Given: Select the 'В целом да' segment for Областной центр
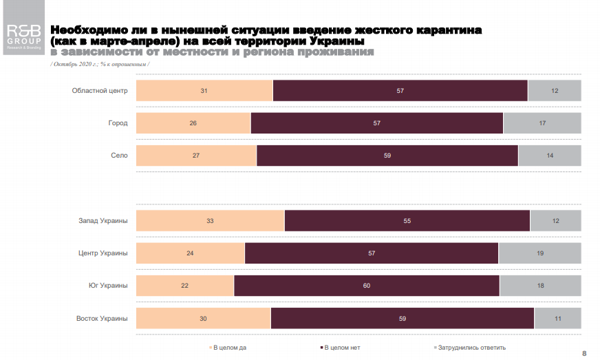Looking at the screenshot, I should pyautogui.click(x=204, y=91).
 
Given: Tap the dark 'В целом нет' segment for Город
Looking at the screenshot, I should pyautogui.click(x=377, y=123).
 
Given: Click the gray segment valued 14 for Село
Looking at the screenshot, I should pyautogui.click(x=549, y=156).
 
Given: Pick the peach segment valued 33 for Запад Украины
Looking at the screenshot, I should pyautogui.click(x=210, y=221).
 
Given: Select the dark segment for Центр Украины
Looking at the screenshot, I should pyautogui.click(x=372, y=253).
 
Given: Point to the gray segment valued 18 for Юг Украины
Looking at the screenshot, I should pyautogui.click(x=540, y=286).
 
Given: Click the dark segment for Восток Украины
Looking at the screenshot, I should pyautogui.click(x=403, y=318).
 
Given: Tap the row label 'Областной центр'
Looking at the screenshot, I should pyautogui.click(x=100, y=91).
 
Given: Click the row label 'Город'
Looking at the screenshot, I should pyautogui.click(x=118, y=123).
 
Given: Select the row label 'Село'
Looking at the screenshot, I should pyautogui.click(x=119, y=156).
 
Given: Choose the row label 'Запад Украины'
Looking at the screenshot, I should pyautogui.click(x=103, y=221).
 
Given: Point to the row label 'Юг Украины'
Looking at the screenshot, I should pyautogui.click(x=107, y=286).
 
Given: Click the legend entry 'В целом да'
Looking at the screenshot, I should pyautogui.click(x=229, y=348).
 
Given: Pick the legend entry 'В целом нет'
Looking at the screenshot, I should pyautogui.click(x=341, y=348).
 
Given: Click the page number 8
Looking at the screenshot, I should pyautogui.click(x=584, y=353).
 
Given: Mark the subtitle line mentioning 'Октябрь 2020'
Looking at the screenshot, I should pyautogui.click(x=100, y=64).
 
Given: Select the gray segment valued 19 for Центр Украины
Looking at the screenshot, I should pyautogui.click(x=539, y=253).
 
